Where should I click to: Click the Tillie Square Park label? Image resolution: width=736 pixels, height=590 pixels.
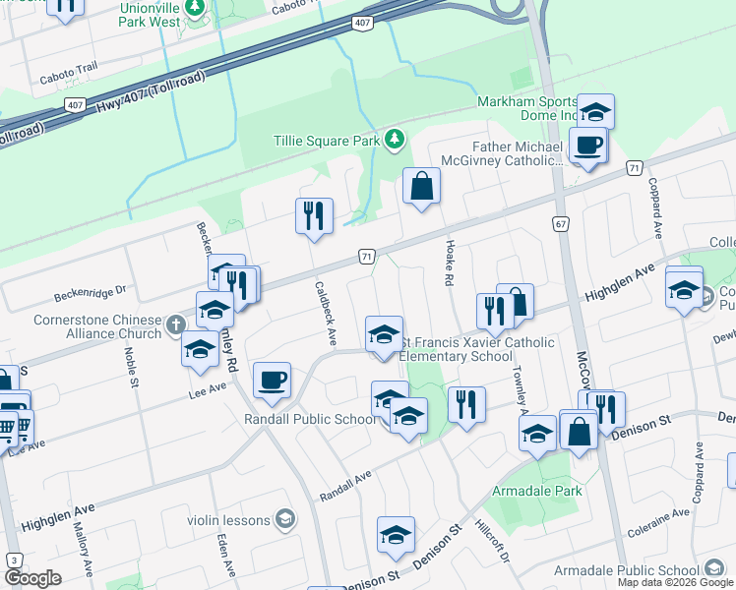tap(327, 141)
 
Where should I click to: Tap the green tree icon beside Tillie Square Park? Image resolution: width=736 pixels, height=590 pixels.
tap(395, 140)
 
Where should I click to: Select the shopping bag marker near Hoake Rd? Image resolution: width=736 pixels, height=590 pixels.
tap(421, 186)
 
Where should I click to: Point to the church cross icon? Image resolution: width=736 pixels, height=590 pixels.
tap(175, 324)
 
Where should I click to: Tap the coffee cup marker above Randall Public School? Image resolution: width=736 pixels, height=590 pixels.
tap(272, 380)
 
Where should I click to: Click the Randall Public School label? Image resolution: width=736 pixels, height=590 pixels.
tap(310, 420)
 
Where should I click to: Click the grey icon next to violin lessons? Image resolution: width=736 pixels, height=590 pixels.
tap(285, 518)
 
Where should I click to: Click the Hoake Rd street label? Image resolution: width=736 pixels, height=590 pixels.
tap(448, 265)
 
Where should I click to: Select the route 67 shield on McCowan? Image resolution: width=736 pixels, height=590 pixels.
tap(561, 224)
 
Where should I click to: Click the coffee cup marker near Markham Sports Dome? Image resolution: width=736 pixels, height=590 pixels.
tap(588, 146)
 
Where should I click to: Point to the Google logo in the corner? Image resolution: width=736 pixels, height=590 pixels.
tap(32, 578)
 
